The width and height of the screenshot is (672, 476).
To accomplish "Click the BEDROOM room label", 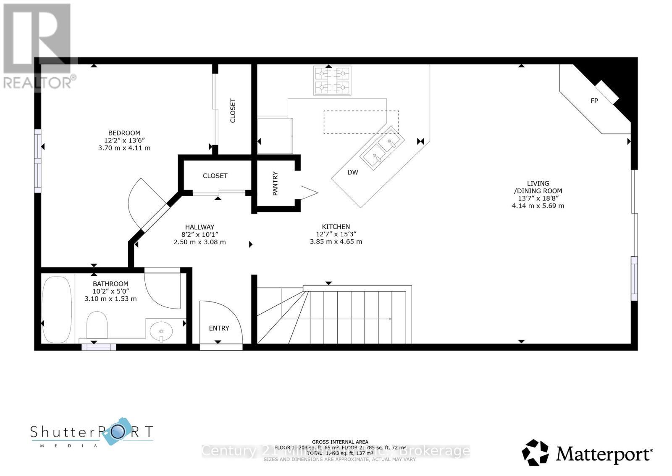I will click(124, 133).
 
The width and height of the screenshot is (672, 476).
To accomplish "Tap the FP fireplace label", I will click(594, 101).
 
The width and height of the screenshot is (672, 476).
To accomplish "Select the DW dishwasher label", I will click(353, 172).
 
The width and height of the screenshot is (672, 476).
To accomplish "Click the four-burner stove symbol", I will click(332, 81).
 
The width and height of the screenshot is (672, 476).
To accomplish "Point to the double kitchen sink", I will click(382, 149).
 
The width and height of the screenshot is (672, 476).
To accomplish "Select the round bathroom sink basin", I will click(161, 330).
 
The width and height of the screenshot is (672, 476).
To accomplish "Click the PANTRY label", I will click(275, 183).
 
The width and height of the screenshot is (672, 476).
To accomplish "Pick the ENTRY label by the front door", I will click(219, 328).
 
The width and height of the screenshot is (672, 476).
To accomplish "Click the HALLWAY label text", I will click(199, 227).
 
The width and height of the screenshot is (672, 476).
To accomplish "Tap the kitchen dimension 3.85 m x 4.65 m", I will click(336, 242).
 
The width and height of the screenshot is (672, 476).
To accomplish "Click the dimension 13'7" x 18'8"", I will click(538, 198).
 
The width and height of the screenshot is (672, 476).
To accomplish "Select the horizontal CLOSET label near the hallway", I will click(215, 176).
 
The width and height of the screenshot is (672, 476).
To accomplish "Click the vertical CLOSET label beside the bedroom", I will click(233, 111).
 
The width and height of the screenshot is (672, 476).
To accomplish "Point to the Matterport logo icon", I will click(535, 453).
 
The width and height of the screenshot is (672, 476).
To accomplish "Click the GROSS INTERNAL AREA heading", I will click(340, 442).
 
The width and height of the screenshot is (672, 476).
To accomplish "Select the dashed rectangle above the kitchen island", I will click(361, 122).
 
